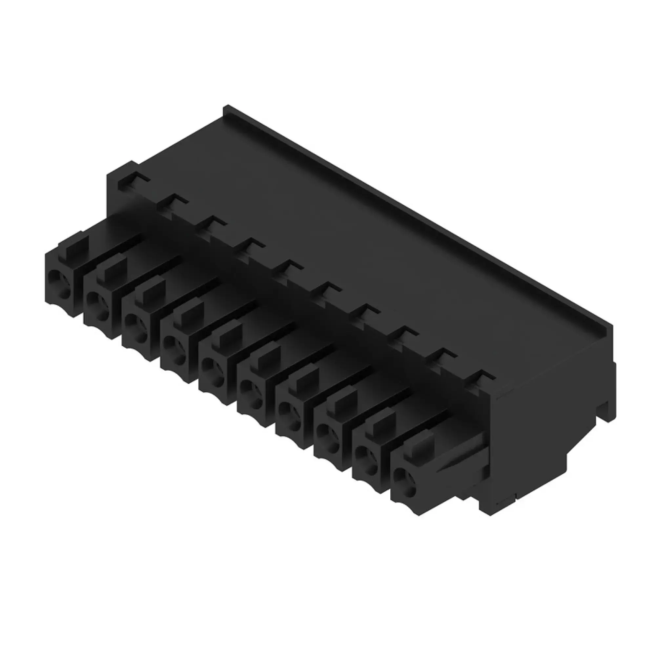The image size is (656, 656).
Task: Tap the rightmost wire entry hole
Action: [405, 478]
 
